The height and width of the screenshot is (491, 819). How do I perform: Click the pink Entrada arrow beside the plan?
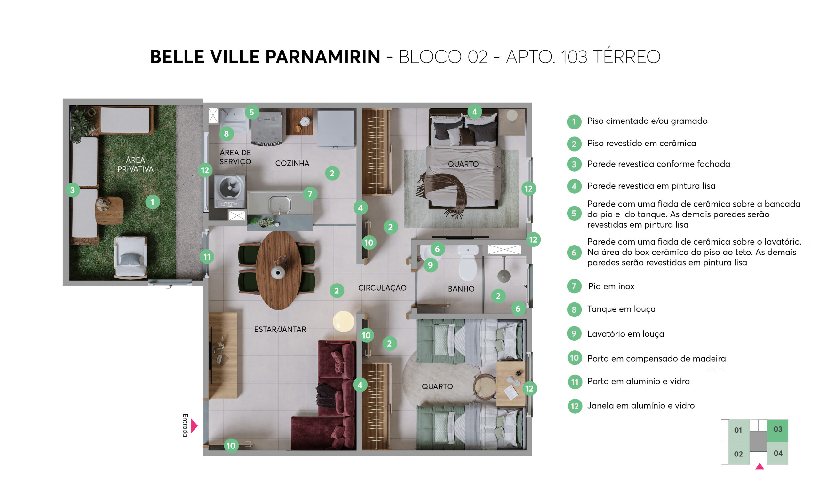194,425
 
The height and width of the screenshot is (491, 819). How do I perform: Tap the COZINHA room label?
292,163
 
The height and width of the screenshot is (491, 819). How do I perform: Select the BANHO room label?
461,289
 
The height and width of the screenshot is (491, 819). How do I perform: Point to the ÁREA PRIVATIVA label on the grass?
135,164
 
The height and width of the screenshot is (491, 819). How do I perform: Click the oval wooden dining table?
279,270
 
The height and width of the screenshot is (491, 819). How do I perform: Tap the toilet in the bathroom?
468,263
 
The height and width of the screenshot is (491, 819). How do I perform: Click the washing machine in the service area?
229,191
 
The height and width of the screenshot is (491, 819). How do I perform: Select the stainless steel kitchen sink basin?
279,204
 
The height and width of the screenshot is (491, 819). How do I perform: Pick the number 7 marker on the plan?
310,194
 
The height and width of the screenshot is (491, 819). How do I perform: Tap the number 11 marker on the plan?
207,256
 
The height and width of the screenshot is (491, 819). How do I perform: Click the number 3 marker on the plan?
72,190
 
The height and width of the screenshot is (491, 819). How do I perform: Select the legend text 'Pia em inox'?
611,286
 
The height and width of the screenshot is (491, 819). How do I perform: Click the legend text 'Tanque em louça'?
621,309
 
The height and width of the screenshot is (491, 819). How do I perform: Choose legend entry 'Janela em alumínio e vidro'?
640,405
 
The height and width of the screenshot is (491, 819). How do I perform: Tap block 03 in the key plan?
777,431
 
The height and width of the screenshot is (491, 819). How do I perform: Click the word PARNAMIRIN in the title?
322,57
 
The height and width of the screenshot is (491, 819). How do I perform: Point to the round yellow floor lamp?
343,321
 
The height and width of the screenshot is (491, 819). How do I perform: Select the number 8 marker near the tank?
227,134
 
